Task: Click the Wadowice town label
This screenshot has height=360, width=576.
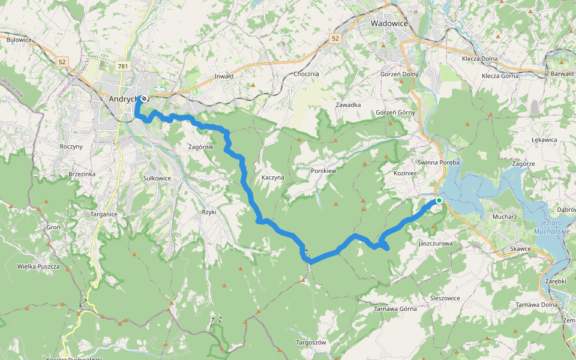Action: (389, 23)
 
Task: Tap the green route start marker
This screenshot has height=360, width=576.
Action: (439, 200)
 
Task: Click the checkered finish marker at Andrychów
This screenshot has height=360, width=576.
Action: (144, 98)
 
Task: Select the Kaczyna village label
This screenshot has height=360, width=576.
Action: (272, 178)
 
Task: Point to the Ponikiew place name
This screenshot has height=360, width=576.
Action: (323, 171)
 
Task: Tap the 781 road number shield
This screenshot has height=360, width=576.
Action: (123, 66)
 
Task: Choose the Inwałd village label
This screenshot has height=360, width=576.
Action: (224, 77)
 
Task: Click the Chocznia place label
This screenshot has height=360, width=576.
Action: (307, 74)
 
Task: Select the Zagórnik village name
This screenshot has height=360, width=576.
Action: (201, 147)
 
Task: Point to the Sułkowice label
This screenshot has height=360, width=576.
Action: (157, 178)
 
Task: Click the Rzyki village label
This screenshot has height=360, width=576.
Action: (209, 212)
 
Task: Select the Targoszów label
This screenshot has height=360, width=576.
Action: (311, 343)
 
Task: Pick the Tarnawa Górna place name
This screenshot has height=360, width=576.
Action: (395, 309)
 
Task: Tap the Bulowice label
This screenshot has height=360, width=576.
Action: (19, 40)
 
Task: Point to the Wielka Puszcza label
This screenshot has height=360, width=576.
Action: (38, 266)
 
